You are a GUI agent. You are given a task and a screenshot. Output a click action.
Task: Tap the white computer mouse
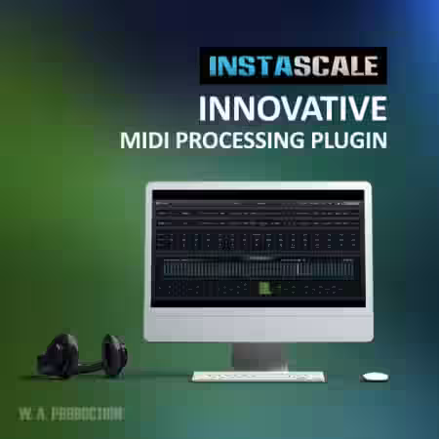click(375, 376)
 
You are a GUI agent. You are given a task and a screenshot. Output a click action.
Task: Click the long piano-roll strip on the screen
click(259, 266)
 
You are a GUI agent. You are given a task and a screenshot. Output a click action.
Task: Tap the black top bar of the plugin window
click(259, 194)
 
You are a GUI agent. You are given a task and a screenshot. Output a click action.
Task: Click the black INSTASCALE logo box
click(293, 68)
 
